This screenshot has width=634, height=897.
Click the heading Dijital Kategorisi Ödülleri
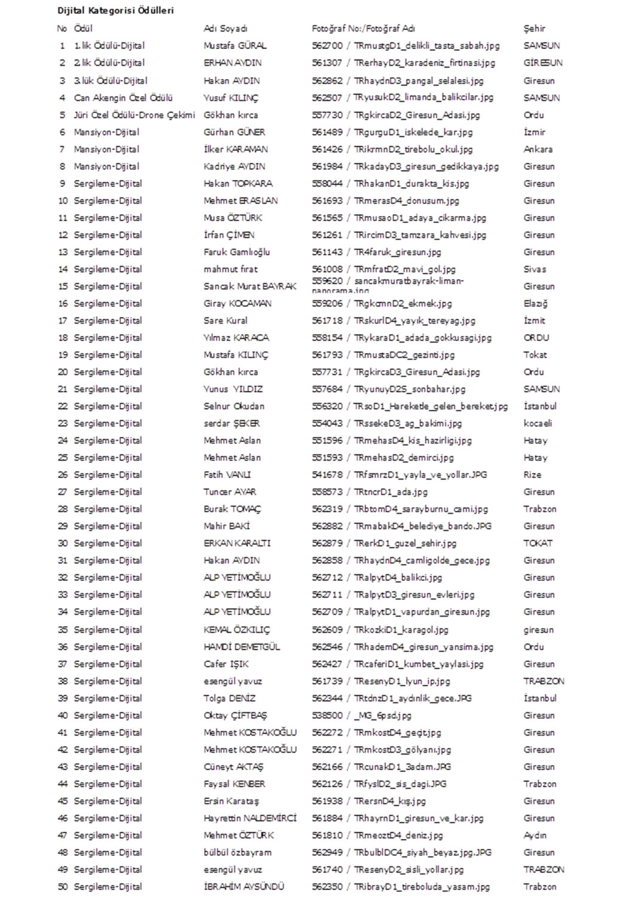point(115,11)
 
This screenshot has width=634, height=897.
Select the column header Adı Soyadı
point(225,28)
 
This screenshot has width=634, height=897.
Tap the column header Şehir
point(534,28)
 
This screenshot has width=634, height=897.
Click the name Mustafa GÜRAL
point(235,45)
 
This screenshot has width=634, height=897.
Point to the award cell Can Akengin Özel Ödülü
point(123,97)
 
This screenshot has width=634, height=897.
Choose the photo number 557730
point(327,115)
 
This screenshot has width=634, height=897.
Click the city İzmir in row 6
point(534,132)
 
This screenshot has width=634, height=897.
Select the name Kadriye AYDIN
point(234,166)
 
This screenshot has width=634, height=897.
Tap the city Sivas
point(535,269)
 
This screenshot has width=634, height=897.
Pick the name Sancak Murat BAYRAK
point(250,286)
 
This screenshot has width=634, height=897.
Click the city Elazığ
point(535,304)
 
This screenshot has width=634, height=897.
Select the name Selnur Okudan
point(234,406)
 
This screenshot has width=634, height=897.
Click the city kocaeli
point(538,423)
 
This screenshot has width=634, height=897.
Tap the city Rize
point(532,475)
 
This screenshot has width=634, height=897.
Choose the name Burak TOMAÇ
point(232,509)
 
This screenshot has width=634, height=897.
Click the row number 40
point(63,715)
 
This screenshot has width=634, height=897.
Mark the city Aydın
point(535,835)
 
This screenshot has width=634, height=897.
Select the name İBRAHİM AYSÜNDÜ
point(244,887)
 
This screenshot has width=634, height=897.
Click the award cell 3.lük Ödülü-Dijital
point(111,81)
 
